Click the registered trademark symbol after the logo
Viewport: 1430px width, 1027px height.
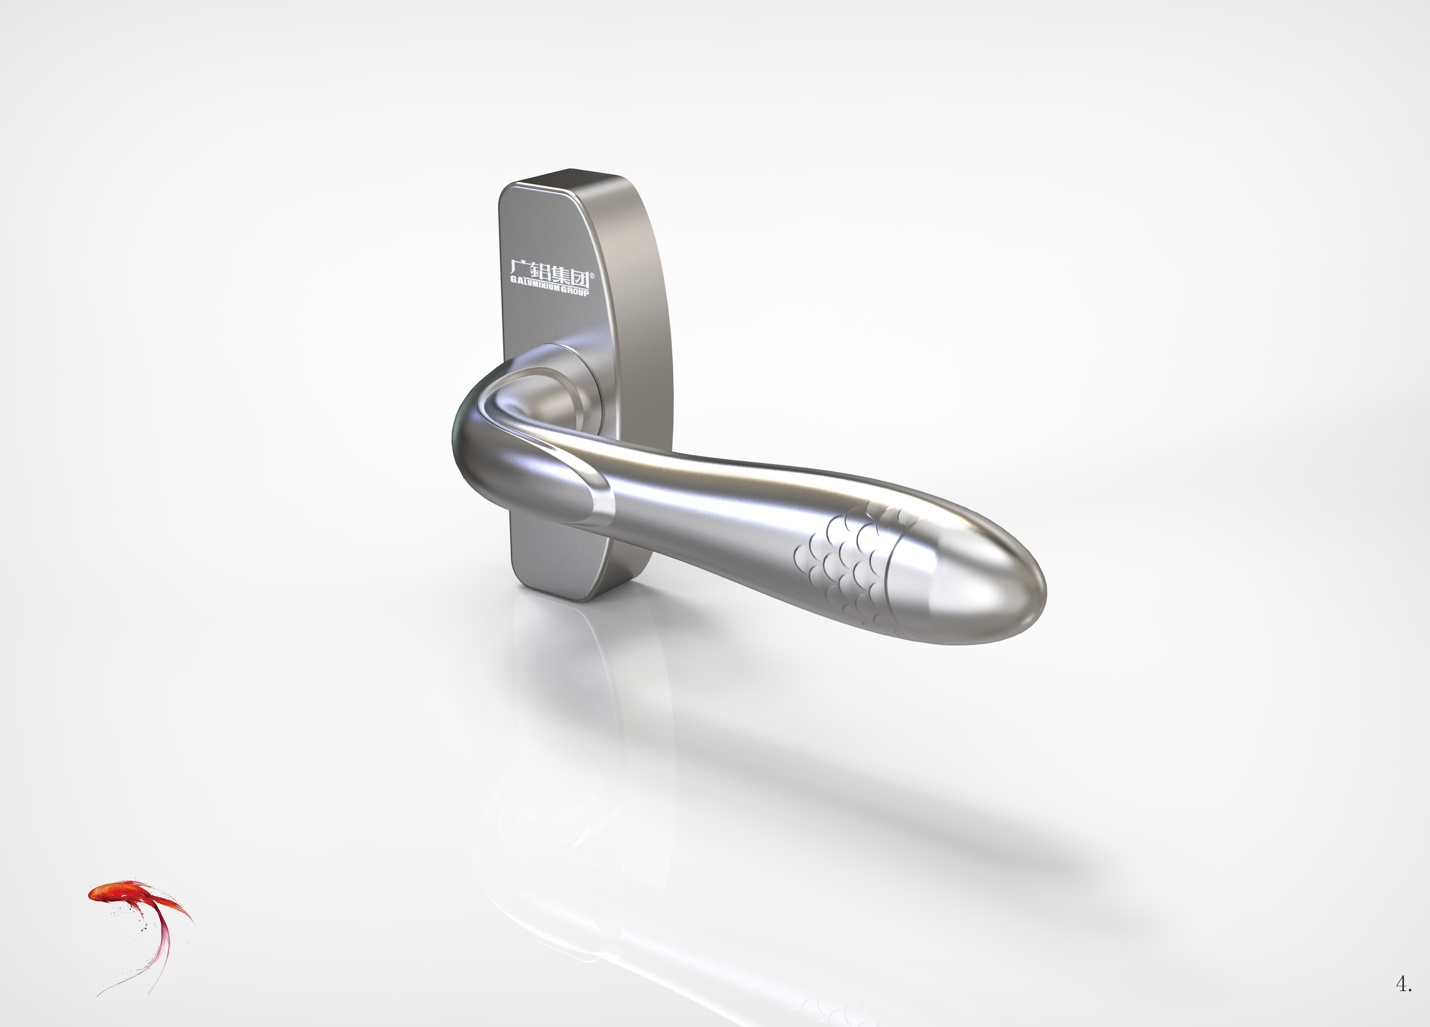591,276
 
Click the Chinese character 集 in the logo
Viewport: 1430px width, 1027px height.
559,276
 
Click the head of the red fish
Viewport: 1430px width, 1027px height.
98,893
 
